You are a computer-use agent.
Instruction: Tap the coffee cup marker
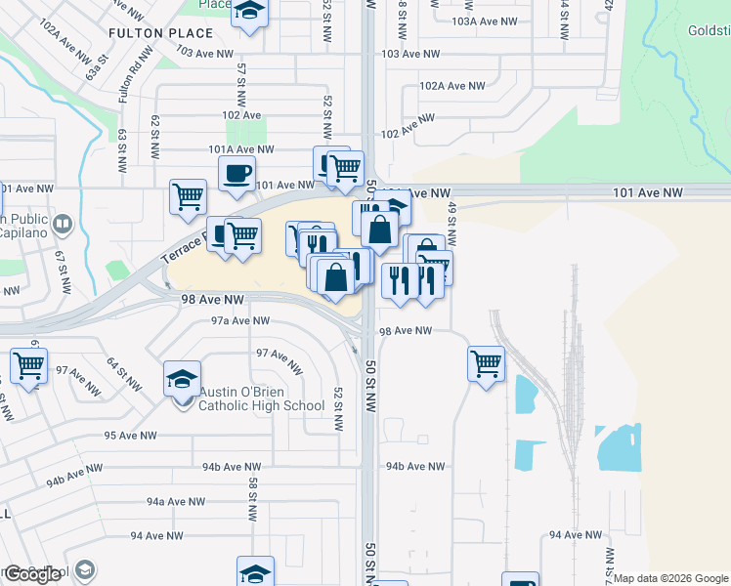236,175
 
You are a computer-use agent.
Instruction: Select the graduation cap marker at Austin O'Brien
183,379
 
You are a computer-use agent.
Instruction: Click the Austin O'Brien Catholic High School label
262,398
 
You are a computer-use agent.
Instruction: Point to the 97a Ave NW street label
239,320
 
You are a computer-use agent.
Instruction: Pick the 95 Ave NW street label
130,436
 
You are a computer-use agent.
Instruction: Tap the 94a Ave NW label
176,501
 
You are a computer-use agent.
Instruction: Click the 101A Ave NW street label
240,149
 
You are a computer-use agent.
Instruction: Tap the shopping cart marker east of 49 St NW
486,364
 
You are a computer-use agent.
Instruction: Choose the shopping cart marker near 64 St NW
29,366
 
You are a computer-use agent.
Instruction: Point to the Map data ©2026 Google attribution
670,578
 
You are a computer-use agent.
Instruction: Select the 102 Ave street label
241,115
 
